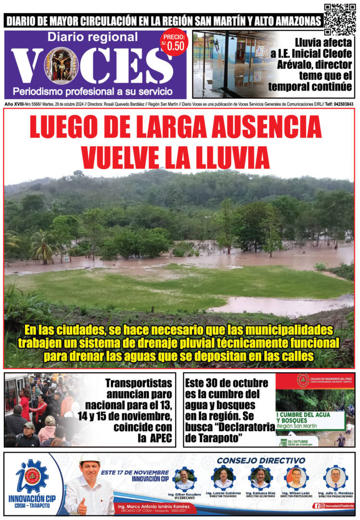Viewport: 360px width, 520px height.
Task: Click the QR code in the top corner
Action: point(340,20)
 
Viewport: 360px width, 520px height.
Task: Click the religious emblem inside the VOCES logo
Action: point(61,65)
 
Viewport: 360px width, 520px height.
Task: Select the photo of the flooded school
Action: point(234,65)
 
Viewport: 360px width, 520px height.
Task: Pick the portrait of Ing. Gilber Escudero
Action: point(184,479)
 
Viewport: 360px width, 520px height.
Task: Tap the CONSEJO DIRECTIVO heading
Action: point(261,460)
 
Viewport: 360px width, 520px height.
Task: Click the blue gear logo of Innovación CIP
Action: point(32,476)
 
